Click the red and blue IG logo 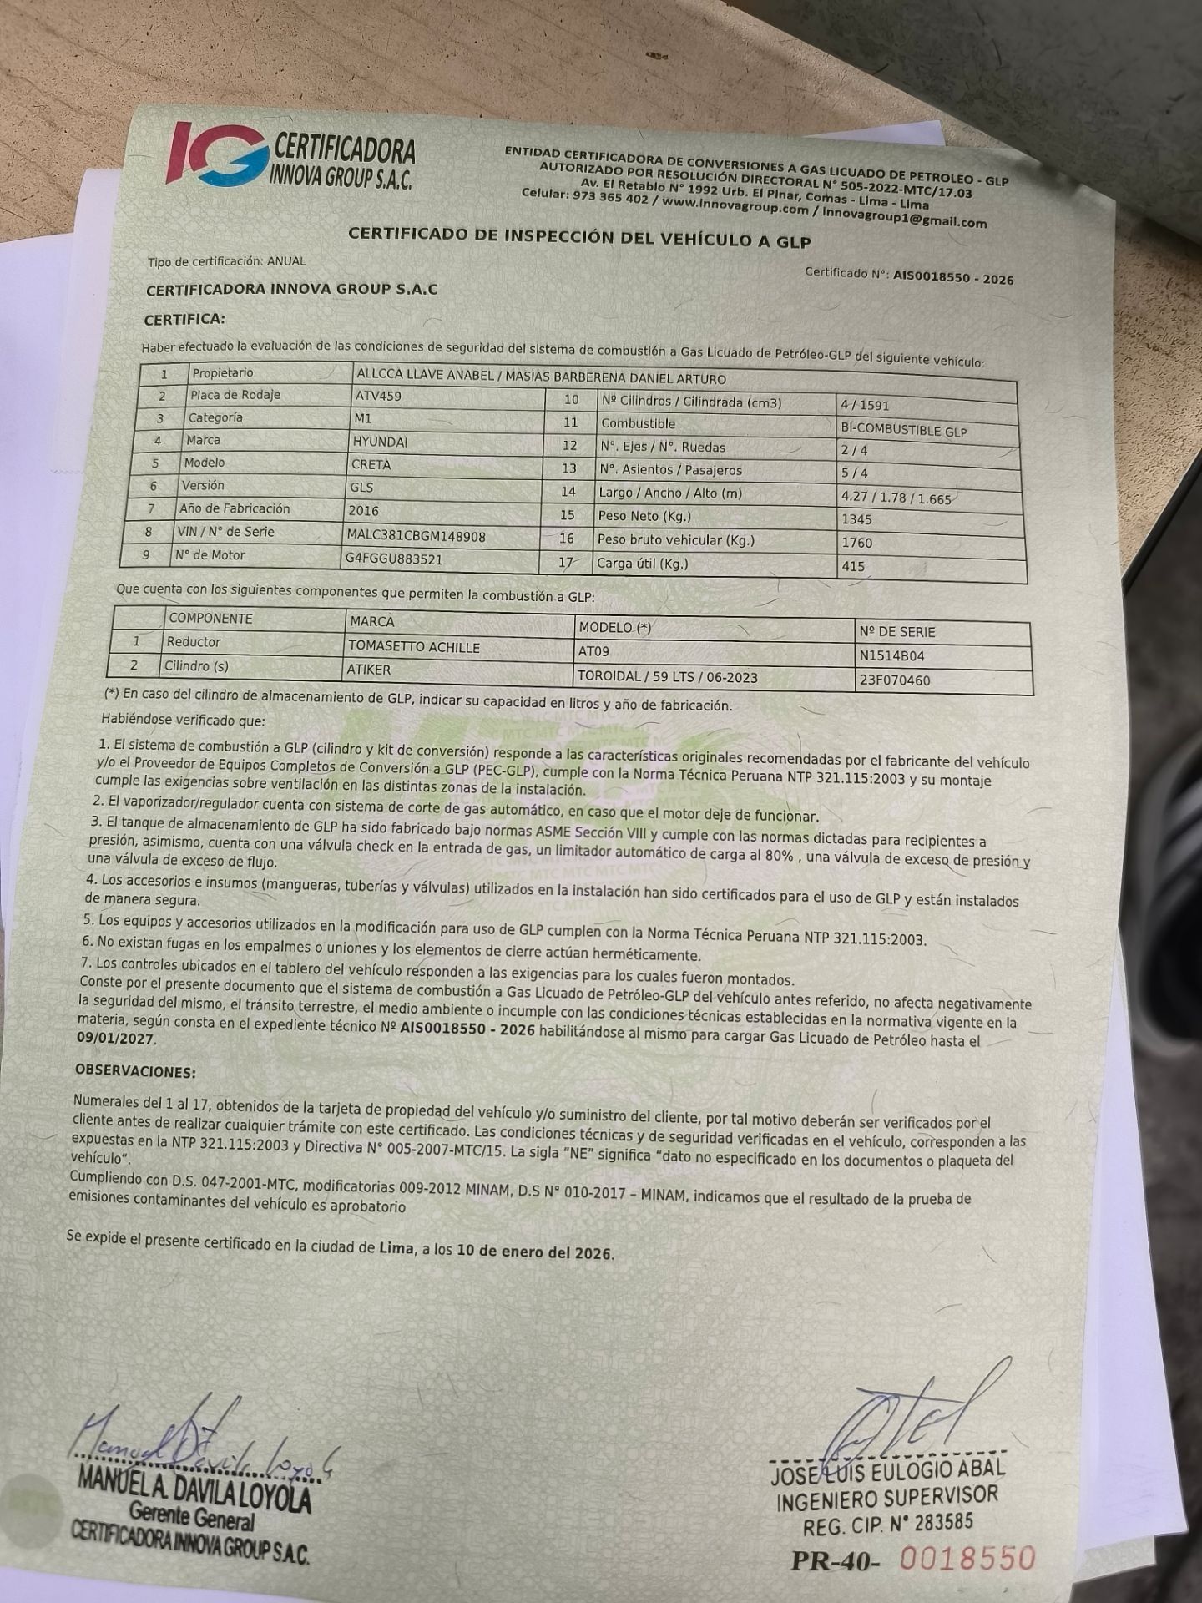(217, 154)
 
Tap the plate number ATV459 (378, 396)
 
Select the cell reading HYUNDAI (380, 442)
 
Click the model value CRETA (371, 464)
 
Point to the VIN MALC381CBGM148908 (416, 536)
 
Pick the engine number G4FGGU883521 (394, 559)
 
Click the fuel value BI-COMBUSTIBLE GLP (904, 431)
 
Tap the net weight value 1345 (856, 519)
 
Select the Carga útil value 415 (853, 566)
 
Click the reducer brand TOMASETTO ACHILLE (414, 647)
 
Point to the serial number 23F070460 (895, 680)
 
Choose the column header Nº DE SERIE (897, 632)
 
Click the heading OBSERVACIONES (135, 1071)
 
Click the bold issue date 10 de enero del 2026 (534, 1252)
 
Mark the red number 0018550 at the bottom (968, 1559)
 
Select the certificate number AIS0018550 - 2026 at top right (953, 277)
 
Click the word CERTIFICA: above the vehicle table (184, 320)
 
